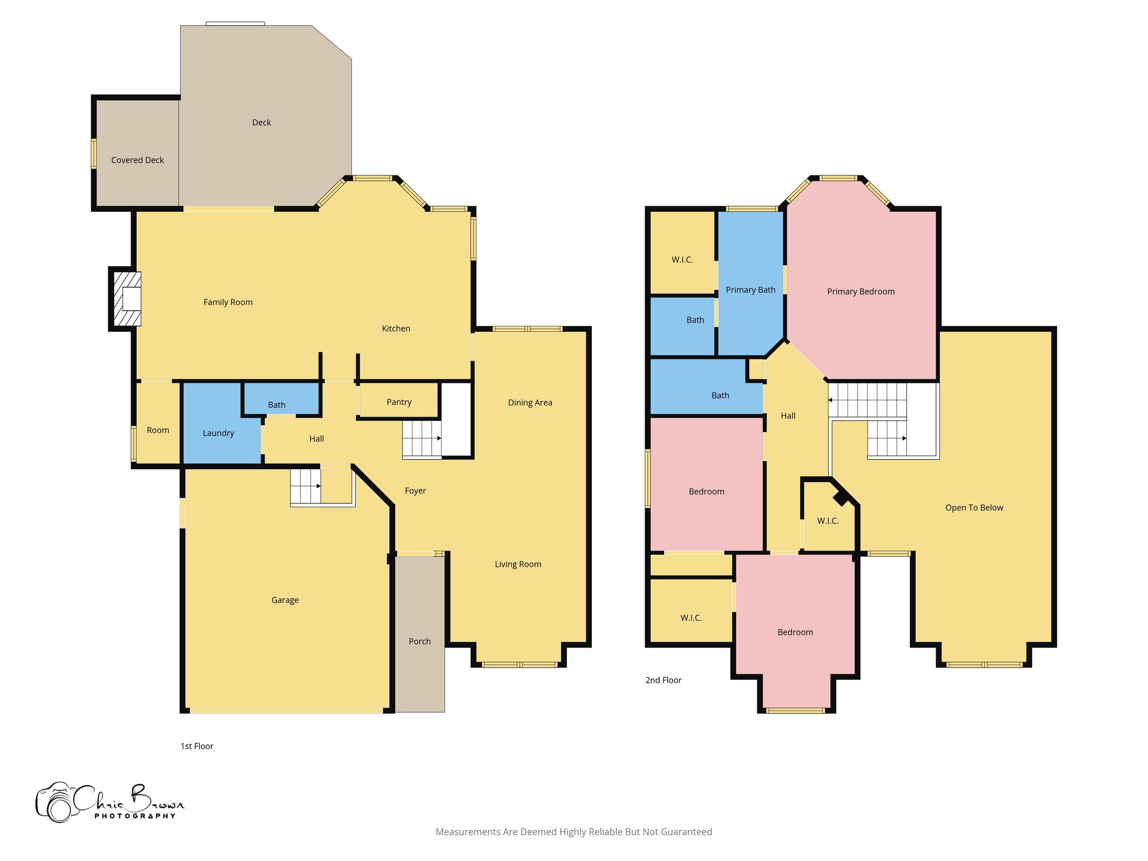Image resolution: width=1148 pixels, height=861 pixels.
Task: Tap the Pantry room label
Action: [399, 402]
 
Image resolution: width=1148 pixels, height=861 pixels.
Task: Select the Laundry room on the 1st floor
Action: [218, 433]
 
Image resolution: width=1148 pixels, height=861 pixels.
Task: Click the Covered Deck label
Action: [137, 160]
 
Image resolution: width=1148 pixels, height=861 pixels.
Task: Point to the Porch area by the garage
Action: [419, 641]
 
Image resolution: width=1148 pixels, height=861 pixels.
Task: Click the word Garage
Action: [285, 600]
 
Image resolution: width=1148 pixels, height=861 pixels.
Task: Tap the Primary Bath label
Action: [750, 290]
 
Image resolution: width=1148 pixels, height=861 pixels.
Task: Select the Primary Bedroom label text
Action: [860, 291]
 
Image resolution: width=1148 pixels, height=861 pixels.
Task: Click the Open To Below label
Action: [974, 508]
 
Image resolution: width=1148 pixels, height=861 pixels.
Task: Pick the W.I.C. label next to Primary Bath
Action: [682, 260]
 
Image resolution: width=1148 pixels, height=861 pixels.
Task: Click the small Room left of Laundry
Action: [158, 430]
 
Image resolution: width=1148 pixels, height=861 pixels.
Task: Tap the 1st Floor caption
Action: [197, 746]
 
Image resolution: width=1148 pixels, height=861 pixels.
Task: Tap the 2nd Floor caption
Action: [663, 680]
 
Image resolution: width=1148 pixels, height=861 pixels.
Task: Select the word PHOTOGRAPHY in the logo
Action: [135, 816]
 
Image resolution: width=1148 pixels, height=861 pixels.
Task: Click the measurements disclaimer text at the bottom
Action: [573, 832]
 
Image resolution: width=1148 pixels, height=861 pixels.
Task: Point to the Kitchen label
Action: [396, 328]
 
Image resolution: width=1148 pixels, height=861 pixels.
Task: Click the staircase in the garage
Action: [305, 487]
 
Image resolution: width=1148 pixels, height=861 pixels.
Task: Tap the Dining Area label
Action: [530, 402]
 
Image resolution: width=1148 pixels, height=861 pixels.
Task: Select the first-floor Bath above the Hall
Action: [276, 405]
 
